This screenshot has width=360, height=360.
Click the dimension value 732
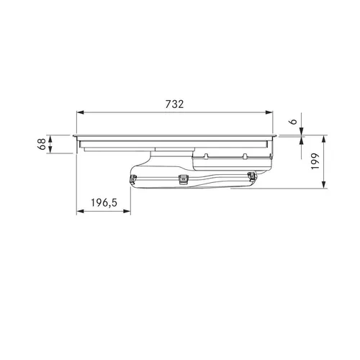coord(174,104)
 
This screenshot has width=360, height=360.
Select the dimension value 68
coord(42,144)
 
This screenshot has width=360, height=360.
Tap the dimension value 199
coord(315,161)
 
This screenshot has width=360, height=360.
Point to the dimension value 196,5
coord(104,203)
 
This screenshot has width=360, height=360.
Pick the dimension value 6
coord(293,122)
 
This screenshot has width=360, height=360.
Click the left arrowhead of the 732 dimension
coord(80,112)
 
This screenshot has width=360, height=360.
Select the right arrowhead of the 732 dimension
coord(269,112)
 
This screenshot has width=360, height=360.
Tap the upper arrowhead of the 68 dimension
coord(50,139)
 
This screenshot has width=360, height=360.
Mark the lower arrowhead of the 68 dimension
coord(50,150)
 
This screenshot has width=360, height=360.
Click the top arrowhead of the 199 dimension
coord(324,139)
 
